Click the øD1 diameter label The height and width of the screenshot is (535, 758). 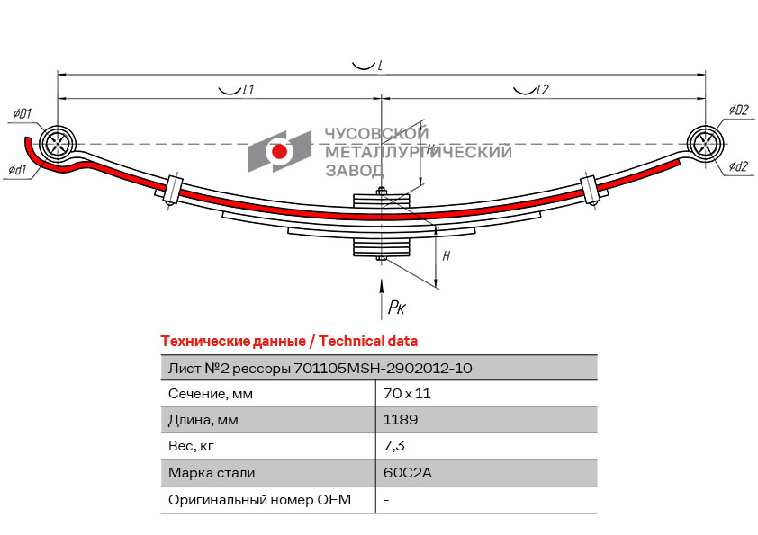pos(23,114)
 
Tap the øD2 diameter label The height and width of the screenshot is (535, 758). pos(739,110)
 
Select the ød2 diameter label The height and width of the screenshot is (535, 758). pos(738,166)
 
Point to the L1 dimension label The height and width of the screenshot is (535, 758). pos(248,89)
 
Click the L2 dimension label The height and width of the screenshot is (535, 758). pos(543,89)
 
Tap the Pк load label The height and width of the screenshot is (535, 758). pos(397,307)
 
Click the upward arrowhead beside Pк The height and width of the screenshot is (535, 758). pos(382,285)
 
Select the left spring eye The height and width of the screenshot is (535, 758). pos(58,144)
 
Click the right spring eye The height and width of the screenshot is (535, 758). pos(705,144)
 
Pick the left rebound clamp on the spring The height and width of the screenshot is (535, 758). pos(173,191)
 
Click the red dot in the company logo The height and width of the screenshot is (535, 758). pos(279,152)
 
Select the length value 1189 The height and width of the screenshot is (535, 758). pos(401,420)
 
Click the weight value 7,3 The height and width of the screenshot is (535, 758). pos(394,446)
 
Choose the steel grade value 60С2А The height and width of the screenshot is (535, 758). pos(407,472)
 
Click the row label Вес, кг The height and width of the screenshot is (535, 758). pos(191,446)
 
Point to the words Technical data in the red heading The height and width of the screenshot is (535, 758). pos(368,342)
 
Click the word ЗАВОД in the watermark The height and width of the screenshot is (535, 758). pos(355,171)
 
